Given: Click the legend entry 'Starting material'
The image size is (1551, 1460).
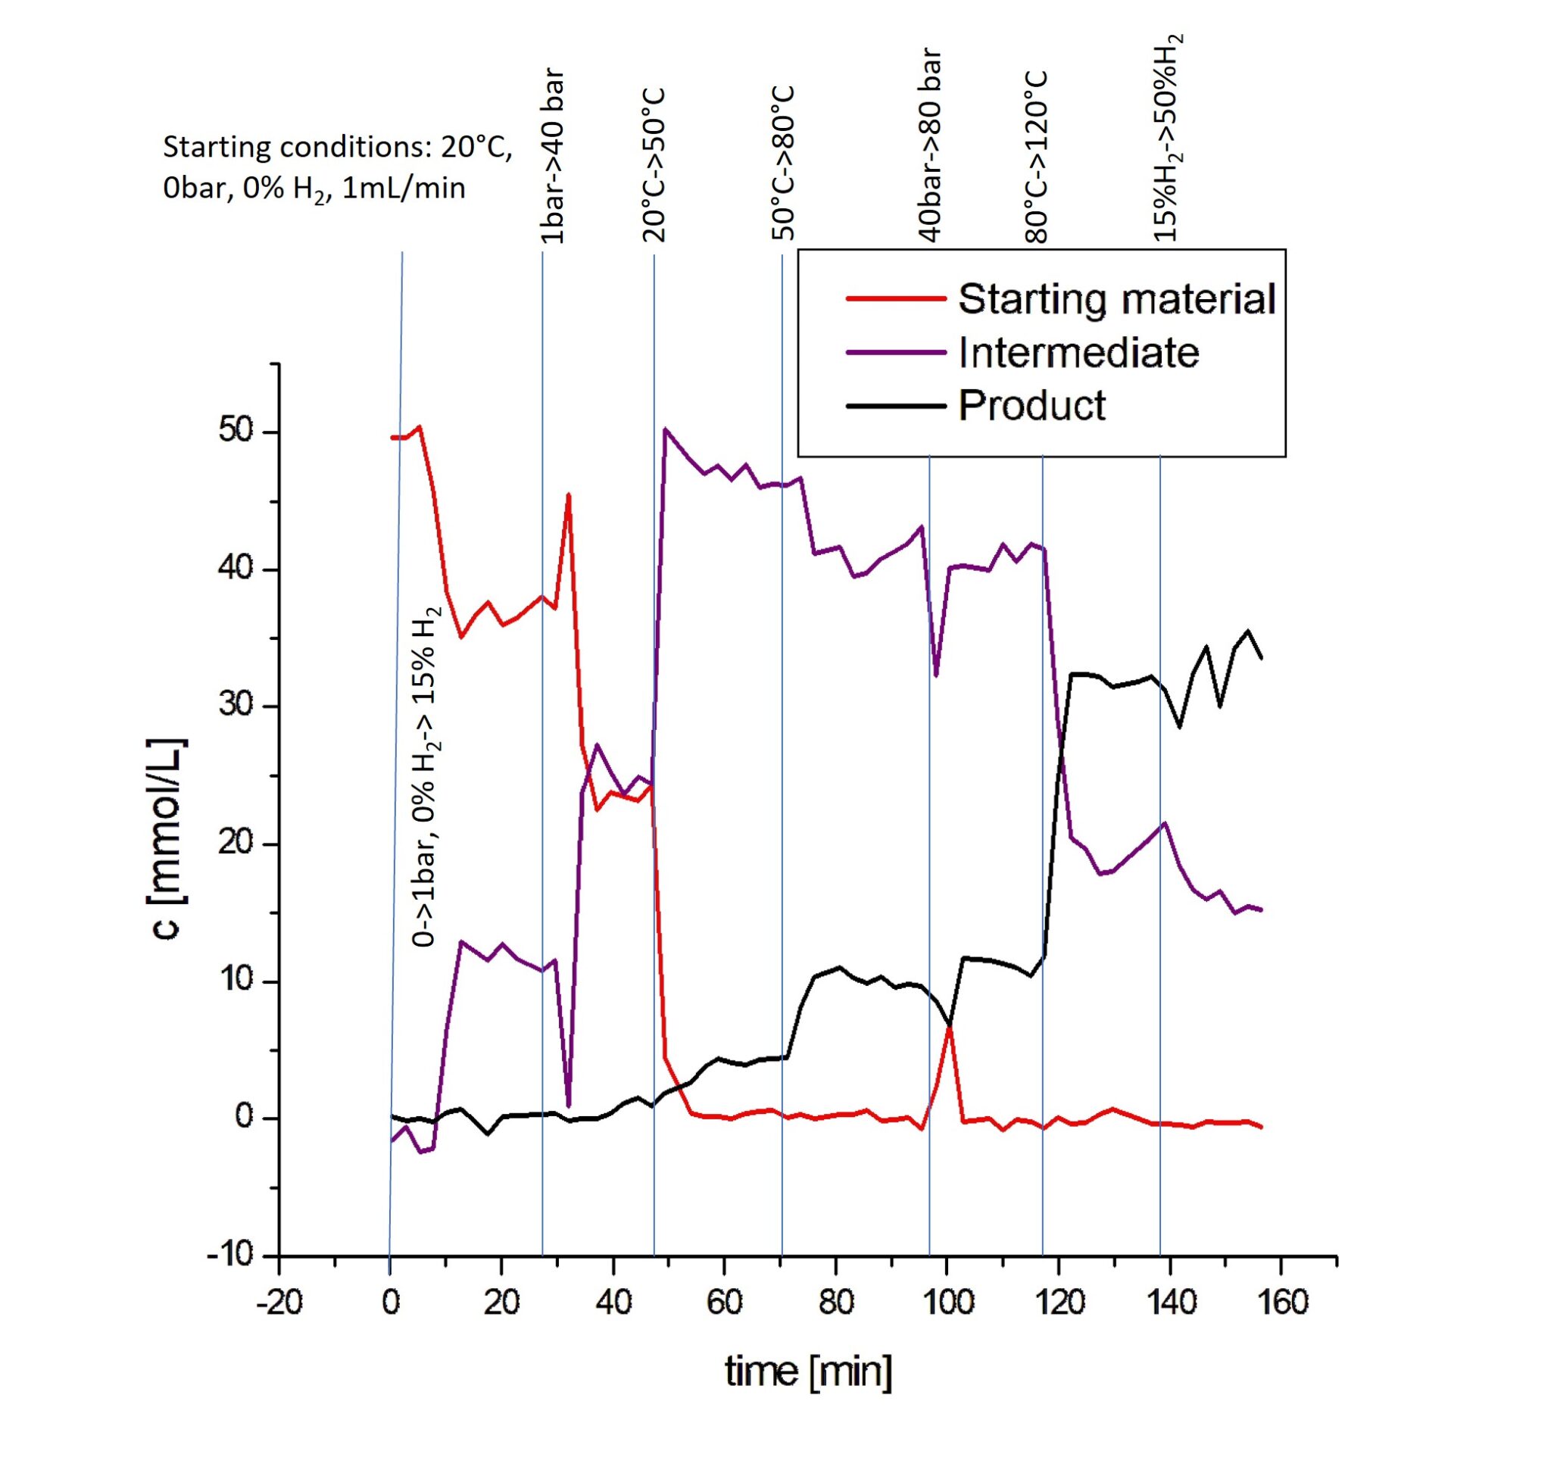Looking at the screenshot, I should point(1116,299).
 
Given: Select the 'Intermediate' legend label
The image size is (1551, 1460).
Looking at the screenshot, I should point(1078,353).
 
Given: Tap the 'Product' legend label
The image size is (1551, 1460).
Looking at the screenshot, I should point(1031,406).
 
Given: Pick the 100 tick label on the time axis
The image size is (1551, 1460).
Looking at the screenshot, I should point(947,1302).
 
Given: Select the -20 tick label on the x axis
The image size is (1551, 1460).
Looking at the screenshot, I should point(279,1302).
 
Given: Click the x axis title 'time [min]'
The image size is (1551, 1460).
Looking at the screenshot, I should point(808,1371).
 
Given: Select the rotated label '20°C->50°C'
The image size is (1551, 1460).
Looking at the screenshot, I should point(654,165).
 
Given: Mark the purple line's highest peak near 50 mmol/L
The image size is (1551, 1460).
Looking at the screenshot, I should point(665,428).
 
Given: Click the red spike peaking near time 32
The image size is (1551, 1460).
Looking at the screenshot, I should point(569,494).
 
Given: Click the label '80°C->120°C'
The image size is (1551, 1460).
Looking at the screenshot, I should point(1038,158).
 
